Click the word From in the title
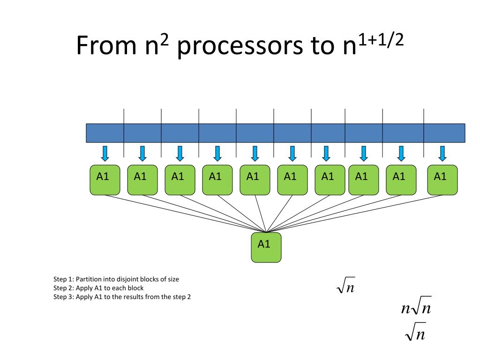pos(106,45)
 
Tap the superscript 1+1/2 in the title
pos(381,40)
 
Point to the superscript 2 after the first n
pos(164,40)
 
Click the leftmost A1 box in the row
pos(105,180)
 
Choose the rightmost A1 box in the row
pos(442,180)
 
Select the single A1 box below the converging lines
pos(266,247)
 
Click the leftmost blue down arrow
pos(105,153)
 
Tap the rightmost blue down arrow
pos(442,153)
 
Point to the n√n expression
pos(416,306)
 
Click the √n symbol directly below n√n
pos(415,331)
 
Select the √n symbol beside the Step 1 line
pos(345,285)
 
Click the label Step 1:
pos(64,279)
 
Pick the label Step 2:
pos(64,288)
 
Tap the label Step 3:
pos(64,297)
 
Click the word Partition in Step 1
pos(89,279)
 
